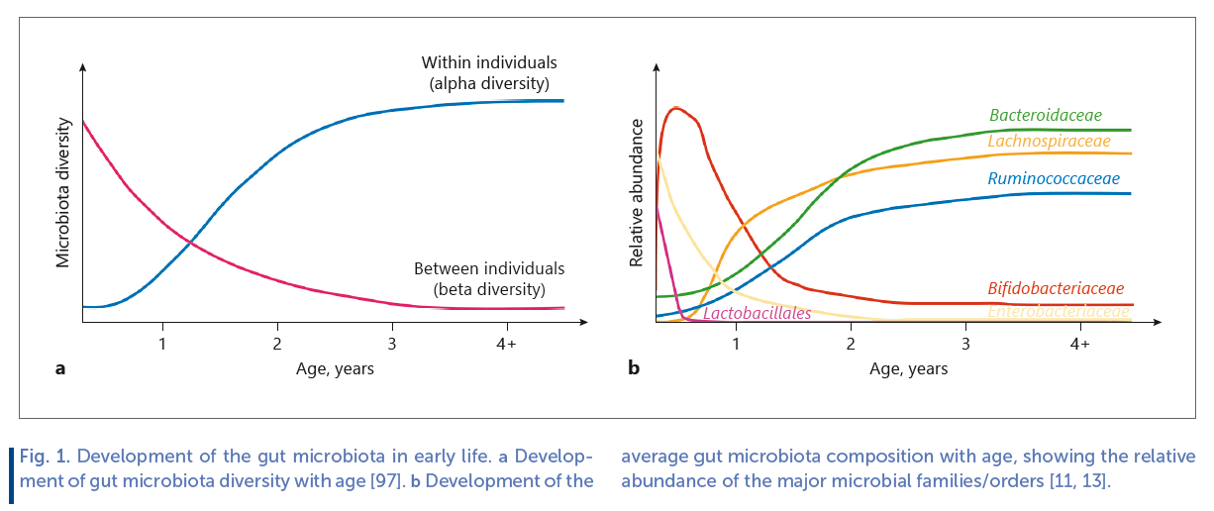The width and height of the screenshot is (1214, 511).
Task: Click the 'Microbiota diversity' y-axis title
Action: [x=63, y=192]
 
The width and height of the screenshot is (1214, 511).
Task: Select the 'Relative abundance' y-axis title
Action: [x=637, y=192]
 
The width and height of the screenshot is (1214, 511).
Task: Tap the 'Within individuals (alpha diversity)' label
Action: [x=489, y=73]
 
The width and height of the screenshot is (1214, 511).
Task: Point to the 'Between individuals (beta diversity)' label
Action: [x=489, y=279]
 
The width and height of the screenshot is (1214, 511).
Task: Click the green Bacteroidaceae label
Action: [x=1046, y=116]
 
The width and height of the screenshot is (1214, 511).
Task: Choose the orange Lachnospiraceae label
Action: [x=1049, y=142]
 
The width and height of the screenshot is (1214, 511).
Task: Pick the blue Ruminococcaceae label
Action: [x=1054, y=179]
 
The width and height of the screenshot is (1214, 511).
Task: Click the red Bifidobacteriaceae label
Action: [x=1056, y=289]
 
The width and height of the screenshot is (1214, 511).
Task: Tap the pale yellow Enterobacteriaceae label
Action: [x=1059, y=312]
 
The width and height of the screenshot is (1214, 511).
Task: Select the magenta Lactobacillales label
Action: [x=758, y=313]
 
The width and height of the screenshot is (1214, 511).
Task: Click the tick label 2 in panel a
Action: [x=277, y=344]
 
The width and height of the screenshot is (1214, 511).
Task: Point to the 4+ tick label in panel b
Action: [x=1080, y=344]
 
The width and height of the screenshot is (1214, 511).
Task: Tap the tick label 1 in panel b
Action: [x=736, y=344]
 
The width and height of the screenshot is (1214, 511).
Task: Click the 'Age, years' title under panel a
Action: [x=335, y=369]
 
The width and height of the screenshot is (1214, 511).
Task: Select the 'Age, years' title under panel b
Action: [x=908, y=369]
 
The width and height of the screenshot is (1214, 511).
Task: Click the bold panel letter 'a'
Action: [x=60, y=369]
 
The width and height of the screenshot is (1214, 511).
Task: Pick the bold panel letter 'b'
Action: [x=634, y=369]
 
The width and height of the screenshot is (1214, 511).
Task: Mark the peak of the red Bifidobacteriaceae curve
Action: [x=676, y=107]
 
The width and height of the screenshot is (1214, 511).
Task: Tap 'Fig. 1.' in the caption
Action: [x=46, y=458]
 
